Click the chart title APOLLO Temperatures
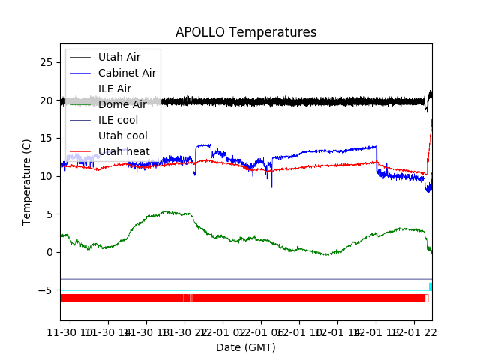246,32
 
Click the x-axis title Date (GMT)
246,347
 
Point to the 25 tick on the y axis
46,62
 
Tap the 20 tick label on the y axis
46,100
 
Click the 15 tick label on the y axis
46,138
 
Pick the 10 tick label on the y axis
46,176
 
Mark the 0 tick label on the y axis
49,252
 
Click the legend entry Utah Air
119,57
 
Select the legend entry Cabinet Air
127,73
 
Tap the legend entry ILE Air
115,88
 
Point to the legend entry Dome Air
122,104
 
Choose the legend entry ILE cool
118,120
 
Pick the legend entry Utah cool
122,136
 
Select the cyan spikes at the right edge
429,287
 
